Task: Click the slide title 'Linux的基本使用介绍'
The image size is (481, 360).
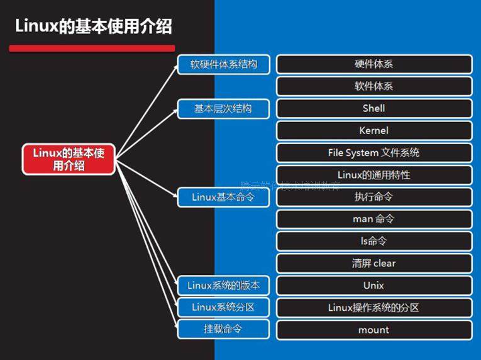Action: click(93, 27)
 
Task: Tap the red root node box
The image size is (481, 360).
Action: click(69, 159)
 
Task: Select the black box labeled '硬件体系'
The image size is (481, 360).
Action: click(374, 64)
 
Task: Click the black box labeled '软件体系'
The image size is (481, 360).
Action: click(374, 86)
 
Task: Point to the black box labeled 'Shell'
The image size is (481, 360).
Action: click(374, 108)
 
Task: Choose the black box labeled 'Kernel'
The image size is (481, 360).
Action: click(374, 130)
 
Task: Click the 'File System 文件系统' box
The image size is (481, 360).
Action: click(374, 153)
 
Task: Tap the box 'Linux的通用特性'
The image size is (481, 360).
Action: click(374, 174)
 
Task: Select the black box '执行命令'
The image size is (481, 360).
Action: click(374, 197)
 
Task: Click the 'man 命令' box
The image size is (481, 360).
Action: click(374, 219)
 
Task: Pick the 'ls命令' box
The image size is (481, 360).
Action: click(374, 241)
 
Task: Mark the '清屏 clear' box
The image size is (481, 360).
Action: click(374, 263)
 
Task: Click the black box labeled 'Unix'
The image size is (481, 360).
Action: click(374, 286)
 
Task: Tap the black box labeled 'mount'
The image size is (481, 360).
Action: click(374, 330)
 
